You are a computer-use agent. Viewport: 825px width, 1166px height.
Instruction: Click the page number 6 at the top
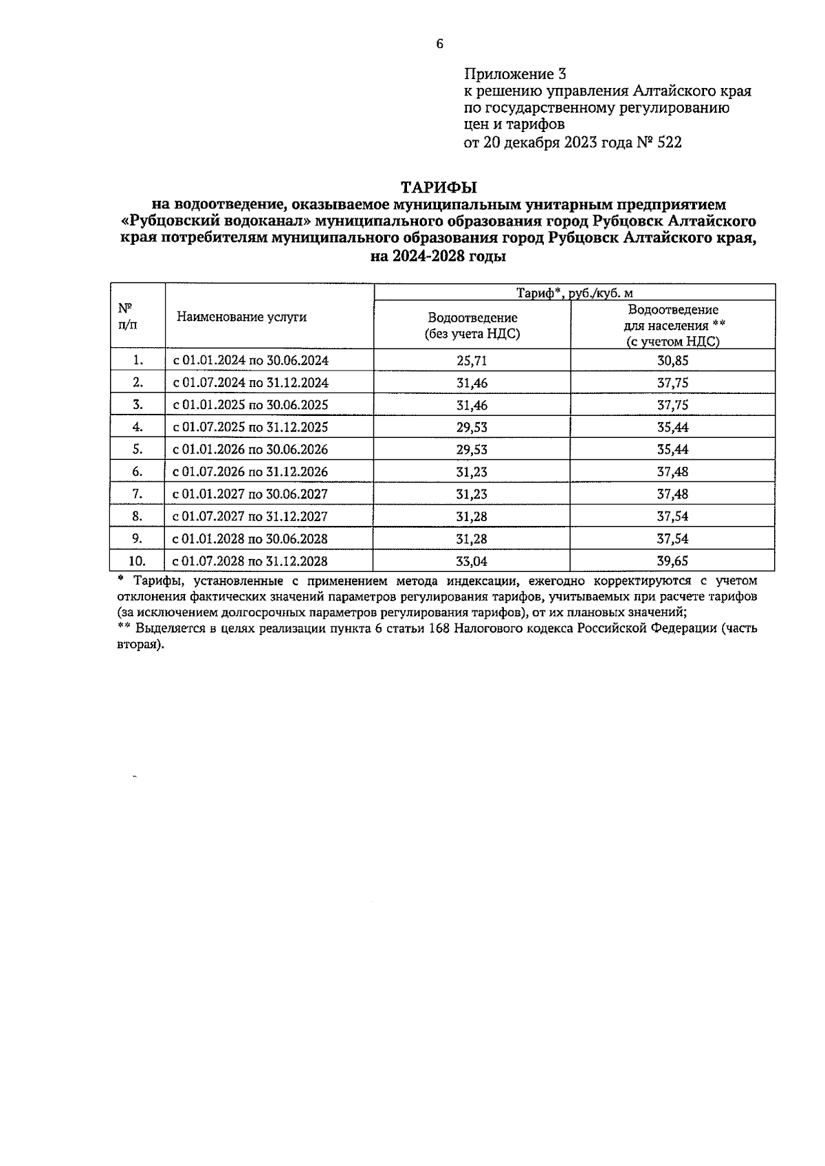[440, 45]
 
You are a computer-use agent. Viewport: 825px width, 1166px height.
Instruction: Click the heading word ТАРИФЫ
[439, 187]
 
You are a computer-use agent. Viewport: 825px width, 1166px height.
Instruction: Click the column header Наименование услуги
[241, 317]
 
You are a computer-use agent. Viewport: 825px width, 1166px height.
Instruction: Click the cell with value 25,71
[472, 360]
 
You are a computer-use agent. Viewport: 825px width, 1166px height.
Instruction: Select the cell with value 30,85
[672, 360]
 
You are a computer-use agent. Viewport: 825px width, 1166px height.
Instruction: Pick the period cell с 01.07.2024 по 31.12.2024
[250, 383]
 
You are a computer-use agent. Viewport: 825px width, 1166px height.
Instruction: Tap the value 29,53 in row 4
[472, 427]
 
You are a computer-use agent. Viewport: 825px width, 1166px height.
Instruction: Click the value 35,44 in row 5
[672, 450]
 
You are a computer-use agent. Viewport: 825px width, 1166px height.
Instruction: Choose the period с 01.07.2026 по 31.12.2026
[250, 472]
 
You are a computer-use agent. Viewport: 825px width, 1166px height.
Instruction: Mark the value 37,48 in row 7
[672, 494]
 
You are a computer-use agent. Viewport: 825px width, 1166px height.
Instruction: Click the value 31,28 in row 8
[472, 516]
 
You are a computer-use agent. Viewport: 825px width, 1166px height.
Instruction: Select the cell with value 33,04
[472, 561]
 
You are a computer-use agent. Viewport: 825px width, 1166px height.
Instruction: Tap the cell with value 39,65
[672, 561]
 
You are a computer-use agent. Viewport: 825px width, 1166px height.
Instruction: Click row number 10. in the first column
[137, 561]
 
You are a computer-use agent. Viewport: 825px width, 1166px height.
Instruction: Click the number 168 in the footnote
[439, 628]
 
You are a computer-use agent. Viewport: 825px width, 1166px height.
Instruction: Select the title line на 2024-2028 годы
[438, 257]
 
